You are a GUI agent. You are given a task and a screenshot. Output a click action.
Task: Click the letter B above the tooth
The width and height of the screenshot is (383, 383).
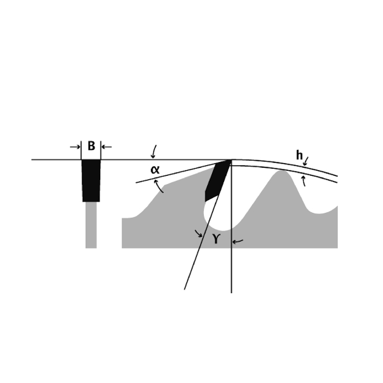[x=91, y=146]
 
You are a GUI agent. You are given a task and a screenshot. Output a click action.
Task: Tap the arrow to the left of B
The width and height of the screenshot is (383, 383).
[x=75, y=147]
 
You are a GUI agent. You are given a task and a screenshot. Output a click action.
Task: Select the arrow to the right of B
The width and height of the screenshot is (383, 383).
[x=107, y=147]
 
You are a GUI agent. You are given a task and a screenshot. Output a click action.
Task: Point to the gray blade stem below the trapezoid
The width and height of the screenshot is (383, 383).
[x=91, y=225]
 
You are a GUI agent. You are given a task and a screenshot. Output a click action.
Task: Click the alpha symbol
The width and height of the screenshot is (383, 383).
[x=155, y=170]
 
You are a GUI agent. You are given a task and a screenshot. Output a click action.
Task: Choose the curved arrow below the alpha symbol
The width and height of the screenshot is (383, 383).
[x=159, y=186]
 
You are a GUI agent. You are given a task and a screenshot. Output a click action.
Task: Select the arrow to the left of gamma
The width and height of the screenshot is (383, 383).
[x=199, y=233]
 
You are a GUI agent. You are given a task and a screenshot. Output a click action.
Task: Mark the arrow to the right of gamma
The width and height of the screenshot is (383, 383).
[x=238, y=242]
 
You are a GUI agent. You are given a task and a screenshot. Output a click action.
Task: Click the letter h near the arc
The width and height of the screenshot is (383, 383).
[x=299, y=155]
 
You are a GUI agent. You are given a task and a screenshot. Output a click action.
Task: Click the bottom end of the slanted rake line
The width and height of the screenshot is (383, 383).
[x=184, y=289]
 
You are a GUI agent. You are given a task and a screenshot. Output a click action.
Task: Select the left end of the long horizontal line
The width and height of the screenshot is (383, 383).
[x=32, y=160]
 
